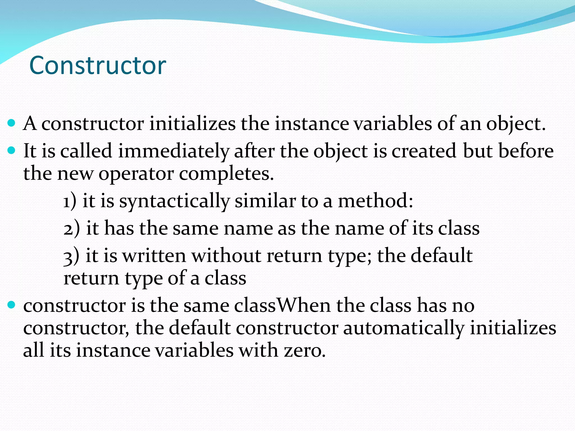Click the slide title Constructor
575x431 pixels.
98,65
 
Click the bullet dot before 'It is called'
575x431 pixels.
11,150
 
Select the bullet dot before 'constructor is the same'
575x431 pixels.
11,305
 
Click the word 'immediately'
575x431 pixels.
173,151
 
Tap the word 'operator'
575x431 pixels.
136,174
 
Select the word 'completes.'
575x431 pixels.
226,174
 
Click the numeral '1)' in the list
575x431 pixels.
70,201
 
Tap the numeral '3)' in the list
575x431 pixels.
71,256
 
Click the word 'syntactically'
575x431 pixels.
174,201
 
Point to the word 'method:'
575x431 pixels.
375,201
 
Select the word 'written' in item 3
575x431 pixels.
154,256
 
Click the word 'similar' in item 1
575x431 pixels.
265,201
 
